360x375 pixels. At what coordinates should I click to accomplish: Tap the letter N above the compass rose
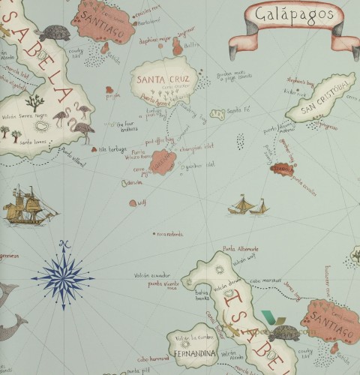[x=65, y=244]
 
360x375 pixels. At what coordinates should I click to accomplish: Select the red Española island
[x=280, y=171]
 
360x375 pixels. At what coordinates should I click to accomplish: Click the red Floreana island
[x=163, y=161]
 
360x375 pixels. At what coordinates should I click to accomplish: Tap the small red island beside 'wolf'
[x=133, y=202]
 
